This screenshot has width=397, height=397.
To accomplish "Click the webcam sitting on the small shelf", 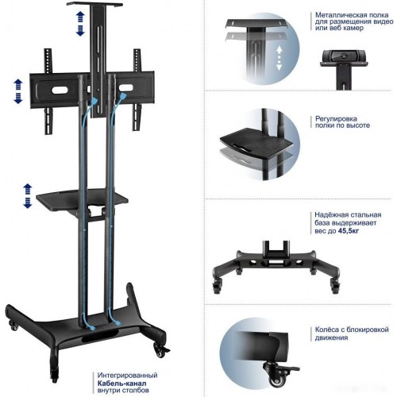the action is click(344, 56).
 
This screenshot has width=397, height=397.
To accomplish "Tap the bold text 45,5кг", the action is click(349, 231).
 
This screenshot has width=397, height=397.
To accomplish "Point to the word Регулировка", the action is click(336, 118).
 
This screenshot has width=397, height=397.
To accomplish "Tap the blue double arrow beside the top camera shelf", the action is click(80, 24).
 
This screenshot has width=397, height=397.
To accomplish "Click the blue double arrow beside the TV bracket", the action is click(18, 91).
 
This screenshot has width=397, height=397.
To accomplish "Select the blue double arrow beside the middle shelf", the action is click(28, 195).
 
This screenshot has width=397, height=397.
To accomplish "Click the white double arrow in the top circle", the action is click(279, 58).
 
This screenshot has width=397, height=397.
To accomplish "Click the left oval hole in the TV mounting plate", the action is click(60, 90).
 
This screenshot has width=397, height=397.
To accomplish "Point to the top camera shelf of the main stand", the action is click(94, 5).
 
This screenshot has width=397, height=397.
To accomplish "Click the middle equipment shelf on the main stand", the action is click(82, 198).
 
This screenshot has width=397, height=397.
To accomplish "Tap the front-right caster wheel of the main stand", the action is click(159, 350).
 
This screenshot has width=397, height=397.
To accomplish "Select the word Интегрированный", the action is click(127, 376).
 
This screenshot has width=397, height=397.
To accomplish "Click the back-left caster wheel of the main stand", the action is click(13, 326).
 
